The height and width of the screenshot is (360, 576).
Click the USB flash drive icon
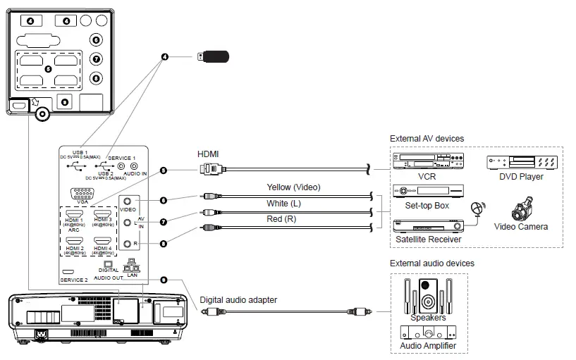tap(214, 56)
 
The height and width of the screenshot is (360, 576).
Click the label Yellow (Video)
tap(293, 187)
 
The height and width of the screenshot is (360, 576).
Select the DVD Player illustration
tap(520, 163)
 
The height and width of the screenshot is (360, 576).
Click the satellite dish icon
tap(477, 209)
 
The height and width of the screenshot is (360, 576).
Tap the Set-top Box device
tap(427, 191)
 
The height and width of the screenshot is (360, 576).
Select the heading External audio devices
tap(431, 263)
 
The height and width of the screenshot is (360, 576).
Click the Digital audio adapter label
tap(238, 299)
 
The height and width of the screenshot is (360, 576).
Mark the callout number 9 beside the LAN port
tap(164, 280)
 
